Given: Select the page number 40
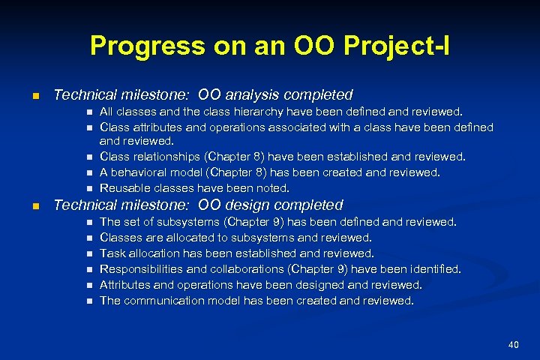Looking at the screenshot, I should tap(513, 344).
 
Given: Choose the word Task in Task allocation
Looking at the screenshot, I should tap(112, 253).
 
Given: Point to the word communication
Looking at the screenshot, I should tap(159, 301).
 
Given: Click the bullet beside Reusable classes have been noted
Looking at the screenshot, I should tap(88, 188).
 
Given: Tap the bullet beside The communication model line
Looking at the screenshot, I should tap(88, 301).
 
